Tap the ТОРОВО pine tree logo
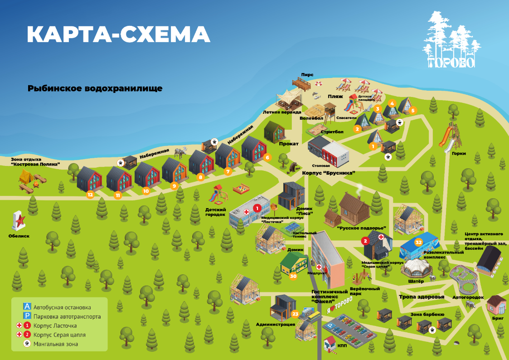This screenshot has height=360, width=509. (451, 41)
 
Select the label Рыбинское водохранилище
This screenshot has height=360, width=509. (95, 88)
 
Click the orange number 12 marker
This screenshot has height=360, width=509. (90, 195)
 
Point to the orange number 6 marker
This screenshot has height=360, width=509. (267, 158)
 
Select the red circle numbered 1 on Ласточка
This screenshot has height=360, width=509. (257, 208)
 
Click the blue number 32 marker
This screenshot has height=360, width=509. (419, 242)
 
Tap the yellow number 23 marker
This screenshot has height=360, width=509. (295, 313)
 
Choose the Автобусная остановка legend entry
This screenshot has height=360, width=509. (62, 307)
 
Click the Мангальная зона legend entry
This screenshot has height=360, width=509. (55, 344)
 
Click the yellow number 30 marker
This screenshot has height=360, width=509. (293, 275)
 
